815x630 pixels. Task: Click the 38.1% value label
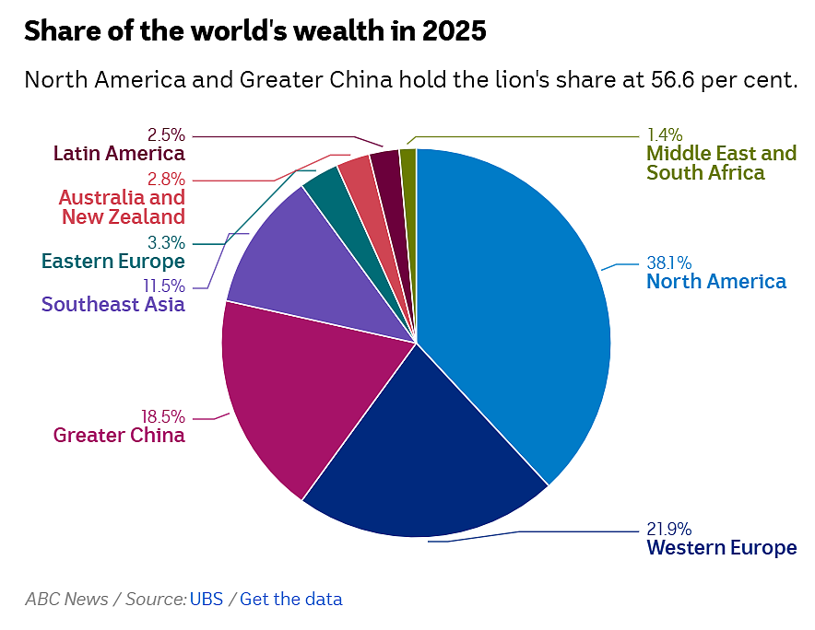[x=669, y=262]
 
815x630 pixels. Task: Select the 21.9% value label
[x=669, y=530]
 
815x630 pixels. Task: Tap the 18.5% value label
[x=162, y=416]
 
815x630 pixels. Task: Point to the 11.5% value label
[x=164, y=286]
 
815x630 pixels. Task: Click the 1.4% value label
[x=665, y=135]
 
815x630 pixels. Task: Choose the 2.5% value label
[x=166, y=135]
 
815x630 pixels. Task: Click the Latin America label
[x=119, y=154]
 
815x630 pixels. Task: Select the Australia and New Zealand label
[x=122, y=207]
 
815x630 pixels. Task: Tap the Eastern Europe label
[x=113, y=262]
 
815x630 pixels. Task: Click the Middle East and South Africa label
[x=722, y=162]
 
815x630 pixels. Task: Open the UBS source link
[x=207, y=599]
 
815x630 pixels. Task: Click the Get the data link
[x=291, y=599]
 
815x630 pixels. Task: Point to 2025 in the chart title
[x=455, y=30]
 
